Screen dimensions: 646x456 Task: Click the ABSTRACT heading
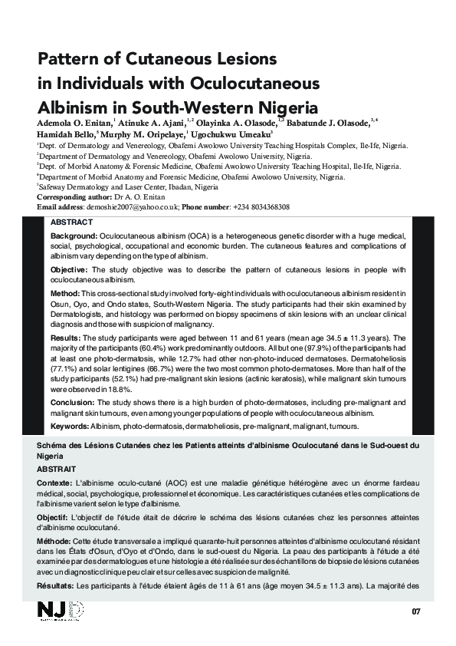coord(71,222)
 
